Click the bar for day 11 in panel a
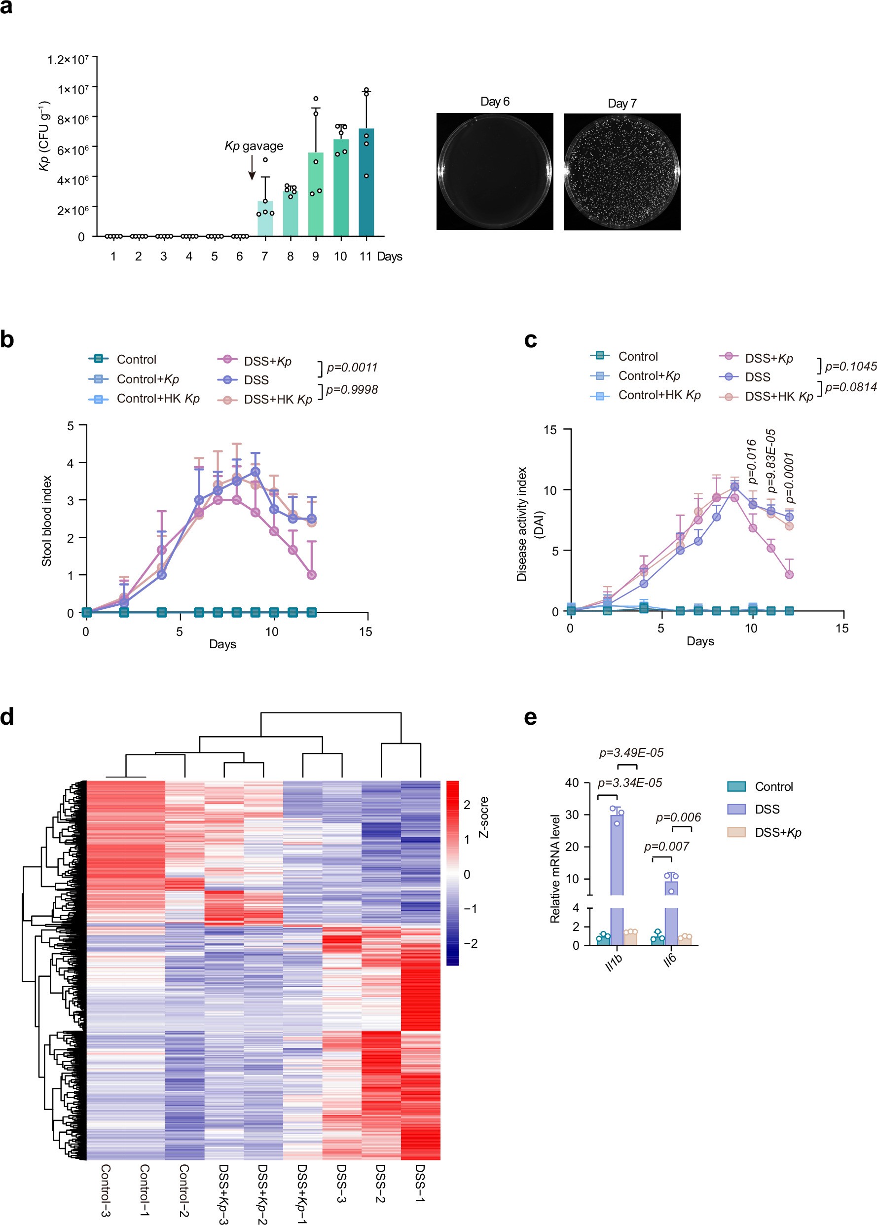pos(366,184)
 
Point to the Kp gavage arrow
pos(252,167)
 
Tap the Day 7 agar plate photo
pos(621,172)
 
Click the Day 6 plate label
pos(495,102)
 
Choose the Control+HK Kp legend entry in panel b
pos(158,399)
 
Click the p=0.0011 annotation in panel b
pos(352,367)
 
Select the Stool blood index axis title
pos(47,520)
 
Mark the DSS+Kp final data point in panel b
pos(312,575)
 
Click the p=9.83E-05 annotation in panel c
pos(771,461)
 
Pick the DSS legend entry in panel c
pos(757,377)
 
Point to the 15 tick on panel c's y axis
pos(550,430)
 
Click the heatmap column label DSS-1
pos(420,1183)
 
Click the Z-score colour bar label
pos(484,817)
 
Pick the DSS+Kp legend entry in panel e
pos(778,832)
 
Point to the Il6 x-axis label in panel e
pos(670,959)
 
